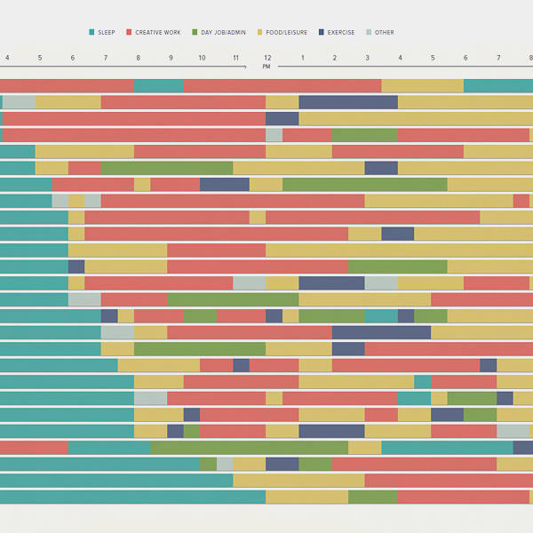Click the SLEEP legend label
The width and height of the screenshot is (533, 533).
click(x=107, y=33)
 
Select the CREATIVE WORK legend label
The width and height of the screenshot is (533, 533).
click(x=160, y=33)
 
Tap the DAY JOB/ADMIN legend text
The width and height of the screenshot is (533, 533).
click(x=225, y=33)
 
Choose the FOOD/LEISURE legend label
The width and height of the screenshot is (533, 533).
click(x=287, y=33)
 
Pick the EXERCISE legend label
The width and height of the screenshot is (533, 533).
click(x=341, y=33)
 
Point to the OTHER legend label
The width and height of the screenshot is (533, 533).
click(x=384, y=33)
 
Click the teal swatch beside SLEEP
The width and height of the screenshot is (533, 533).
click(x=91, y=33)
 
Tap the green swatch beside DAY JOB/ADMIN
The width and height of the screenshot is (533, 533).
click(x=195, y=33)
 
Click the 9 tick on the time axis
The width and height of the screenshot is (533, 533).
click(x=171, y=58)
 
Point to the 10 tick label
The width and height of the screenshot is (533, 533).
click(x=202, y=58)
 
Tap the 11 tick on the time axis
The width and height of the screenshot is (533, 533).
click(x=235, y=58)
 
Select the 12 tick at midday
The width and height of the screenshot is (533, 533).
click(x=266, y=58)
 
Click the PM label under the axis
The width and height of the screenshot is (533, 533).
click(x=266, y=67)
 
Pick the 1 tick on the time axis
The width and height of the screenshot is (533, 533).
click(x=302, y=58)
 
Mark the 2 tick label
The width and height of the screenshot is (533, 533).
click(x=335, y=58)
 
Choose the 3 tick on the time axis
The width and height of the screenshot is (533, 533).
click(x=367, y=58)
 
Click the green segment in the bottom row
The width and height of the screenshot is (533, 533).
click(x=373, y=497)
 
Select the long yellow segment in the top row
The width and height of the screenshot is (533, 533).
click(x=422, y=85)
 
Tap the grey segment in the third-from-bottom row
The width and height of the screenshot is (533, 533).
click(x=225, y=464)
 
